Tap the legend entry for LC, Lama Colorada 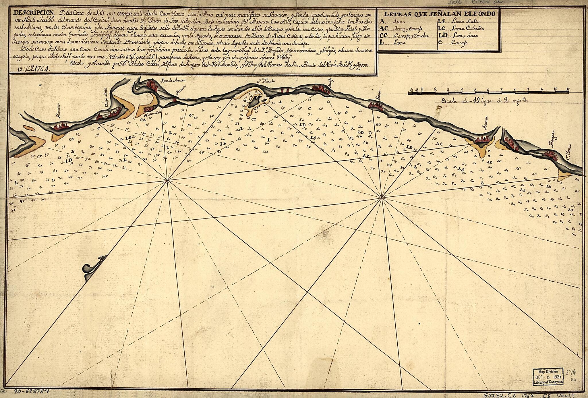click(x=461, y=28)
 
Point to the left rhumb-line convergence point click(x=167, y=180)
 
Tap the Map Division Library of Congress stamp click(x=548, y=376)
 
